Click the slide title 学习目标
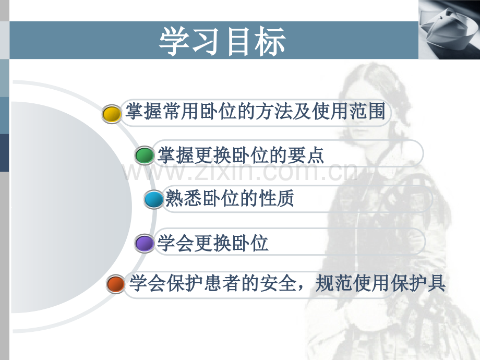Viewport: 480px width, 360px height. coord(223,42)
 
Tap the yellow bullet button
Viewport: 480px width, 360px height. coord(111,114)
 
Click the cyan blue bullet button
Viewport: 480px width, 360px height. coord(153,199)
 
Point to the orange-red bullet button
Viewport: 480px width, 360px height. coord(115,285)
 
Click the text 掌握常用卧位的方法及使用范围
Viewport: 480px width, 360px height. coord(256,112)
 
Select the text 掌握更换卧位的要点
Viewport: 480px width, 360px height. coord(241,155)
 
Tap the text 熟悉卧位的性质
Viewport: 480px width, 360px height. coord(230,198)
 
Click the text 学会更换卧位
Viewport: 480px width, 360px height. coord(213,243)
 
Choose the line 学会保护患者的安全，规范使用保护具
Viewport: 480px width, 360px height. coord(287,284)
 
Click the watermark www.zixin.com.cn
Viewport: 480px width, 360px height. coord(240,171)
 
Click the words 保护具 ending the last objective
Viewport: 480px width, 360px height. coord(425,284)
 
